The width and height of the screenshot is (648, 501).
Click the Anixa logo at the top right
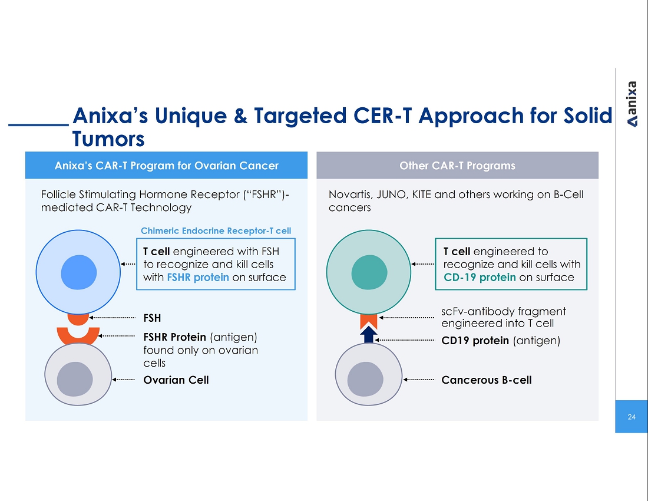[x=632, y=104]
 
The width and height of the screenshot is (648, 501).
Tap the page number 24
[x=632, y=417]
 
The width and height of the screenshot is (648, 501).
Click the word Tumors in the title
[x=108, y=139]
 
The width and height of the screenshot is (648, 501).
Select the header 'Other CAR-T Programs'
[x=457, y=166]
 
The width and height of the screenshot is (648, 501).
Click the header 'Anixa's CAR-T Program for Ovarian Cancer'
[x=167, y=166]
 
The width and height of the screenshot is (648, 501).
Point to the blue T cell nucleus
[x=78, y=272]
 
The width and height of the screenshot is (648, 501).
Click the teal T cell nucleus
[x=369, y=272]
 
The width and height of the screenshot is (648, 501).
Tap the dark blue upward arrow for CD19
[x=369, y=334]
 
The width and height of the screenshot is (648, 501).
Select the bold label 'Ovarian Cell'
[x=176, y=380]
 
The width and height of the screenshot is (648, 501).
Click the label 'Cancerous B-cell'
[x=487, y=380]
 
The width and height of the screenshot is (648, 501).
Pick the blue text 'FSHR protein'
[x=198, y=278]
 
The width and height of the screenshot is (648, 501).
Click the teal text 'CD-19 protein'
[x=480, y=278]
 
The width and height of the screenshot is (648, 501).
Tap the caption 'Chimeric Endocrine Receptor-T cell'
[x=216, y=230]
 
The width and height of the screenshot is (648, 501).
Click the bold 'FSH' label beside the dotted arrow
[x=152, y=318]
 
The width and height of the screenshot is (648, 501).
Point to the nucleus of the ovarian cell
[x=75, y=379]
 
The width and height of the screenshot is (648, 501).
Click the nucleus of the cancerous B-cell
[x=365, y=379]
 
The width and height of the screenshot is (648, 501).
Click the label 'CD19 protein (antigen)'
[x=501, y=341]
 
